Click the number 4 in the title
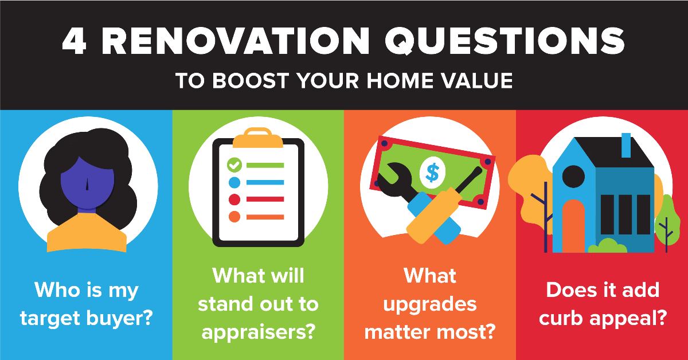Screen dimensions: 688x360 (74, 41)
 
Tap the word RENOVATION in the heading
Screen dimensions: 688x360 (236, 41)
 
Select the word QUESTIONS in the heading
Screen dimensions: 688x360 (505, 41)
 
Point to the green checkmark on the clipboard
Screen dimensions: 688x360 (234, 165)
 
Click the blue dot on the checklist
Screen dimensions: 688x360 (234, 182)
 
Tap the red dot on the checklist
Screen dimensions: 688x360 (234, 199)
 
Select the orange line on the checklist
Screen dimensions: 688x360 (265, 217)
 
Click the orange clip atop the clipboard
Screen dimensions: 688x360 (257, 138)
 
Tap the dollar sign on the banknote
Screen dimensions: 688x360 (432, 173)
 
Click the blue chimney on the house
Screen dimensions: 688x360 (626, 145)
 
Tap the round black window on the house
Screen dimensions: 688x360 (573, 177)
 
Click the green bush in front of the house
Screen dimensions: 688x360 (608, 246)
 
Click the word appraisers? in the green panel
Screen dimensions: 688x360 (259, 332)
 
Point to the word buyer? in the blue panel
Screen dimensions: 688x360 (119, 318)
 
